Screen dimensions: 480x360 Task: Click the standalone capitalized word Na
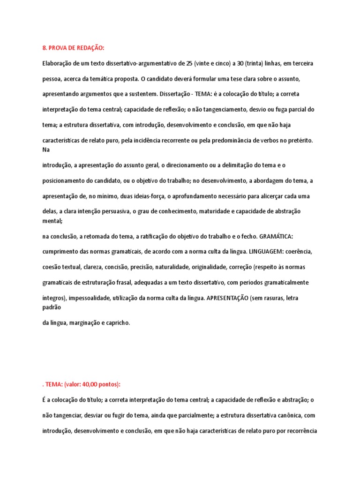(46, 150)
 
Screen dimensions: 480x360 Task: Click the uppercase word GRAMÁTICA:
(276, 236)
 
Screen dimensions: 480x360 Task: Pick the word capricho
(116, 322)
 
